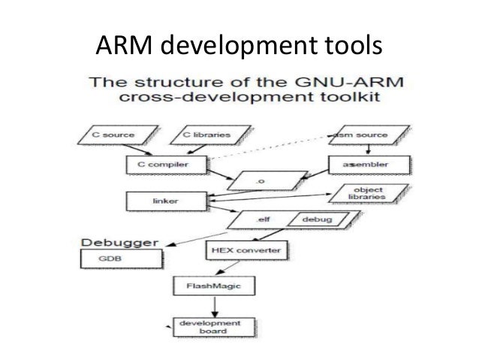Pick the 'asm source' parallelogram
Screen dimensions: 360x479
(x=358, y=135)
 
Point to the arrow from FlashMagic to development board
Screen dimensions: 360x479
(x=215, y=305)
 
